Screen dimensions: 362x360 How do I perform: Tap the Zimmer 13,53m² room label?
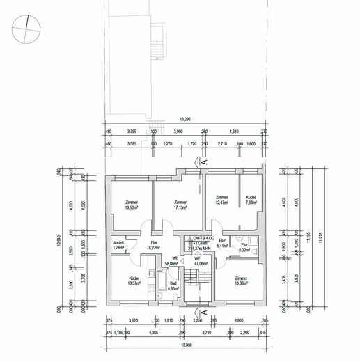[x=131, y=205]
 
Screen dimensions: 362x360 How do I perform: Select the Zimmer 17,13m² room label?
[x=181, y=205]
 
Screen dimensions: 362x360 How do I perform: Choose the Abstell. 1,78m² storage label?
[x=118, y=244]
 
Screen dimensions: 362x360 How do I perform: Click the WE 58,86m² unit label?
[x=171, y=262]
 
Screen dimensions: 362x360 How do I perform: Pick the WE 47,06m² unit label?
[x=201, y=262]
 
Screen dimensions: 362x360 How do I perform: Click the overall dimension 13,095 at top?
[x=185, y=119]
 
